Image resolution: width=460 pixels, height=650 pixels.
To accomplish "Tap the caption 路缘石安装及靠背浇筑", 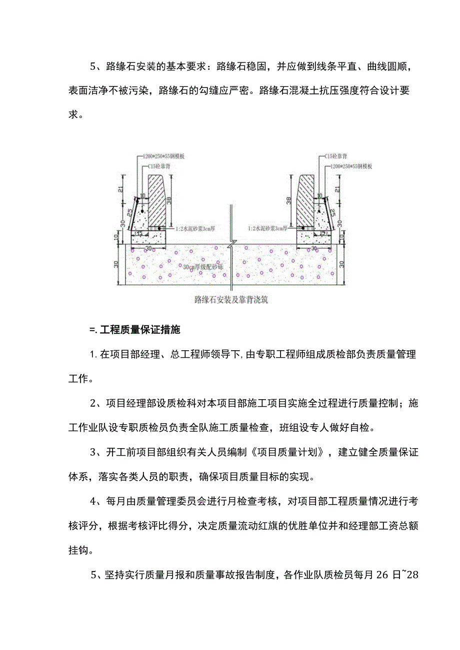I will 231,300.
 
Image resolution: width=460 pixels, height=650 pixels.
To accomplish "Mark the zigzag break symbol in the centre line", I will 230,246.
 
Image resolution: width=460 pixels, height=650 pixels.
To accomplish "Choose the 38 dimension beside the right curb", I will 290,200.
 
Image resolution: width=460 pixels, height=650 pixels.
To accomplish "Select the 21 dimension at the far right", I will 342,189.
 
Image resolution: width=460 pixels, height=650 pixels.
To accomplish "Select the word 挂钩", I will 78,550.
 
